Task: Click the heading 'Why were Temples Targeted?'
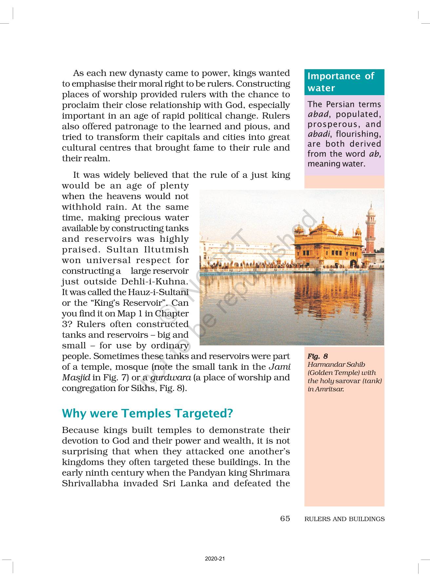point(147,413)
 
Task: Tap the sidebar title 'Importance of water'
point(341,82)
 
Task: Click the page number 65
point(285,519)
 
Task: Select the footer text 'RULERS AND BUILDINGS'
point(344,519)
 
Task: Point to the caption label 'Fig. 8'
point(318,356)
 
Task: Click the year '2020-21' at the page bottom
point(215,559)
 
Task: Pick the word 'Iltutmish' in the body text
point(166,250)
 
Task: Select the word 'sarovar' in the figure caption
point(348,381)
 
